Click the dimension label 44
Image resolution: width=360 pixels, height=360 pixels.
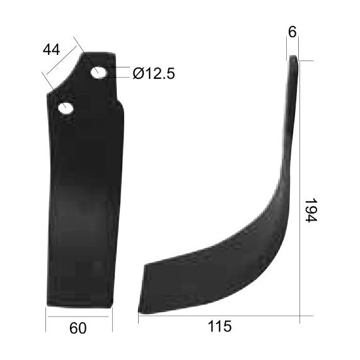[53, 50]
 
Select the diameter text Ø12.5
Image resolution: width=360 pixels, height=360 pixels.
[154, 74]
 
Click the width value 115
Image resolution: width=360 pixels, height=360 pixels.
[219, 327]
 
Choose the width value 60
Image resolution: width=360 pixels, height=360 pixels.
[78, 328]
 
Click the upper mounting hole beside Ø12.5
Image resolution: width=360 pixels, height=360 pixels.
[98, 73]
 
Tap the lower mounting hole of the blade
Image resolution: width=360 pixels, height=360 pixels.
[66, 108]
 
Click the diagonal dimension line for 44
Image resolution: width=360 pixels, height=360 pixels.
[61, 61]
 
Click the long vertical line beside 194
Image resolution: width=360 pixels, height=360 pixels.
[299, 189]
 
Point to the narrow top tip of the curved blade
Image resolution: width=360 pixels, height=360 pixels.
[293, 61]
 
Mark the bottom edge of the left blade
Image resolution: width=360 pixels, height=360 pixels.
[80, 306]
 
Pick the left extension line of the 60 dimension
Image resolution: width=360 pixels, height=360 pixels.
[46, 318]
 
